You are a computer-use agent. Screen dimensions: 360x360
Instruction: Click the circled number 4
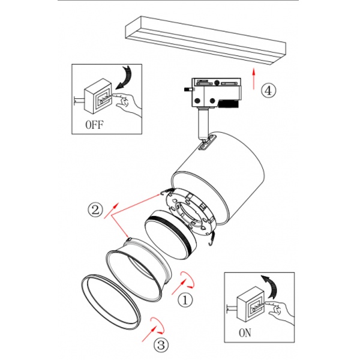tap(268, 91)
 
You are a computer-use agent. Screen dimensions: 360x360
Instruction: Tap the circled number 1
tap(187, 298)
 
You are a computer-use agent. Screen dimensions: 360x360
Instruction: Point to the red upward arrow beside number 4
tap(254, 78)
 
